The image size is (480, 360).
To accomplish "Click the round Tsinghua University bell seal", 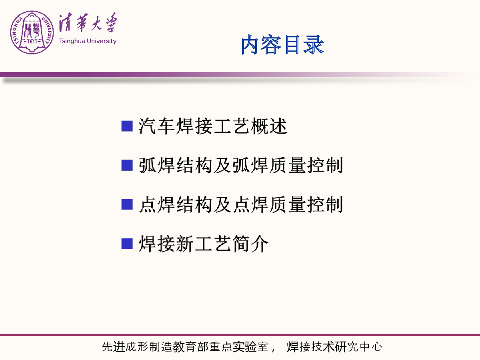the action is [32, 32].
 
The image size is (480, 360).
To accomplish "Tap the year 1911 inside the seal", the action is [32, 41].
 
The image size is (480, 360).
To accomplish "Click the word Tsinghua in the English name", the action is [72, 41].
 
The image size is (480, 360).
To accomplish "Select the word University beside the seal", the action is [102, 41].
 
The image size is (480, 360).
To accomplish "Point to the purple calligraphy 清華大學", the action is [88, 22].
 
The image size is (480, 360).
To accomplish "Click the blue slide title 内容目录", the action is [282, 44].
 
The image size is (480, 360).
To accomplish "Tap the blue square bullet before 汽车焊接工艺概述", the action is [127, 126].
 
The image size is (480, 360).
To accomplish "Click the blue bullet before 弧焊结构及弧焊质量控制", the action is [127, 165].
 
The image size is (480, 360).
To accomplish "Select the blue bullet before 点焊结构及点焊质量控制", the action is [127, 204].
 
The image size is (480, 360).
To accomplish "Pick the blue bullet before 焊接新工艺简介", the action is [127, 244].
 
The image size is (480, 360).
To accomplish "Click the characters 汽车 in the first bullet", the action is [156, 126].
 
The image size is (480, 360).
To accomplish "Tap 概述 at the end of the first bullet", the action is [269, 126].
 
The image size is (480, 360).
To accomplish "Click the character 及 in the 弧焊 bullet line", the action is [222, 165].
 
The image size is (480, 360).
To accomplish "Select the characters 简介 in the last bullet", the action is [250, 244].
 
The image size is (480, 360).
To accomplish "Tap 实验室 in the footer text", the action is [250, 347].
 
